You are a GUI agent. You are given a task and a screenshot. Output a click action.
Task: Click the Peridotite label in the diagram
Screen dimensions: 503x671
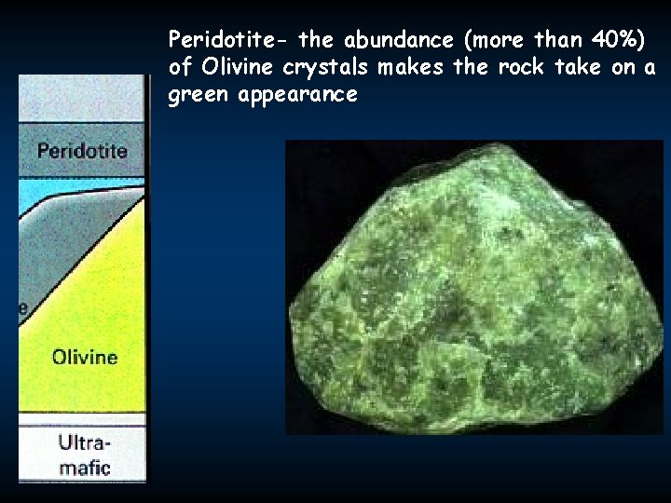(82, 150)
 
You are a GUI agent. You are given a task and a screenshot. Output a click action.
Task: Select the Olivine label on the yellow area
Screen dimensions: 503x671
(85, 356)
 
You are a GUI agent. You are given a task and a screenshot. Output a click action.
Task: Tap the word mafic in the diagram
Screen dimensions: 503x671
(84, 466)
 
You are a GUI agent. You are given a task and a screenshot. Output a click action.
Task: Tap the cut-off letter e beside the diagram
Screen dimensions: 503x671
(23, 309)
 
